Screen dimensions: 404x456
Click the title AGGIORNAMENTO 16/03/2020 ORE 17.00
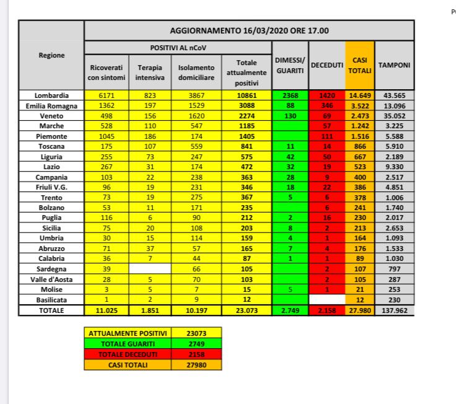point(249,30)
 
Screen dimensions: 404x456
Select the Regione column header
point(51,56)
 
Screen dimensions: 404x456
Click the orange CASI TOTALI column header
point(358,64)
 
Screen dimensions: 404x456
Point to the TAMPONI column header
point(395,64)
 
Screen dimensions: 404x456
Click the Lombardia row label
point(51,96)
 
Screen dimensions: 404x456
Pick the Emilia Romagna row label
point(51,105)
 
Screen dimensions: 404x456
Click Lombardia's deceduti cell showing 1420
point(327,96)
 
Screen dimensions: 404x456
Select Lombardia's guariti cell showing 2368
point(291,96)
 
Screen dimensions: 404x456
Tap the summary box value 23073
point(196,333)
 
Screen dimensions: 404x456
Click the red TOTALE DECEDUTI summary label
point(127,355)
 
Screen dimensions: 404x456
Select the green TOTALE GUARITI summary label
point(127,344)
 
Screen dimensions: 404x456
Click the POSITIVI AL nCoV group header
point(178,47)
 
